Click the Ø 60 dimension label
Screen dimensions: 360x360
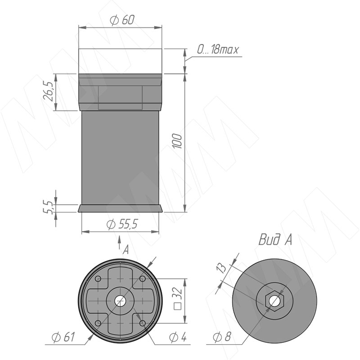pos(122,20)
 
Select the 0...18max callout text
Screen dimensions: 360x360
pos(218,49)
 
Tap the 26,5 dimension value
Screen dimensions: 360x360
pos(48,91)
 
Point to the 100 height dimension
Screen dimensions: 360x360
pos(177,141)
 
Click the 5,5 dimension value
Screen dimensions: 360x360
pos(48,207)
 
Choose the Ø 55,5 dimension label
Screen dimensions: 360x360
pos(122,224)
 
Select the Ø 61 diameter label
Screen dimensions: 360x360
pos(63,337)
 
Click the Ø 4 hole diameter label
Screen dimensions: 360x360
pos(178,337)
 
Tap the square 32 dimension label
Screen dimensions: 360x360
pos(178,299)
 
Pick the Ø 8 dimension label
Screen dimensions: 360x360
pos(222,337)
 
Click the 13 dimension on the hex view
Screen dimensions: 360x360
pos(221,268)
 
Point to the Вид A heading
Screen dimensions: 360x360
pos(275,240)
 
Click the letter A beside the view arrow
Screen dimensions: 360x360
pos(126,250)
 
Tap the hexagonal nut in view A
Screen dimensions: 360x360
pos(274,301)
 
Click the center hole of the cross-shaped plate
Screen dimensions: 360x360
pos(120,301)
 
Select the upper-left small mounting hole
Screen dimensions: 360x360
pos(98,279)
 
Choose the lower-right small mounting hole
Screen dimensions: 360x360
pos(143,323)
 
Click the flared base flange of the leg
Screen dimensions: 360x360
pos(120,208)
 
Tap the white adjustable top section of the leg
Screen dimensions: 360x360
pos(120,61)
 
